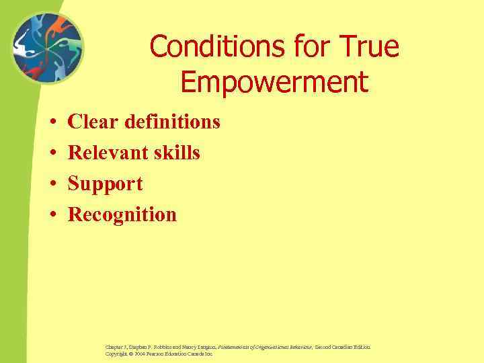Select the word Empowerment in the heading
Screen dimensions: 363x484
[274, 82]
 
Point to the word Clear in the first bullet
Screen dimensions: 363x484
[93, 122]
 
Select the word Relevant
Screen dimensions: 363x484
[108, 153]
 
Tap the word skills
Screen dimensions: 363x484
[175, 153]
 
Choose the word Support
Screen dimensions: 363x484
[106, 184]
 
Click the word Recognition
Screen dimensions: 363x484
[122, 215]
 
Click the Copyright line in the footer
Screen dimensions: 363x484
[159, 354]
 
